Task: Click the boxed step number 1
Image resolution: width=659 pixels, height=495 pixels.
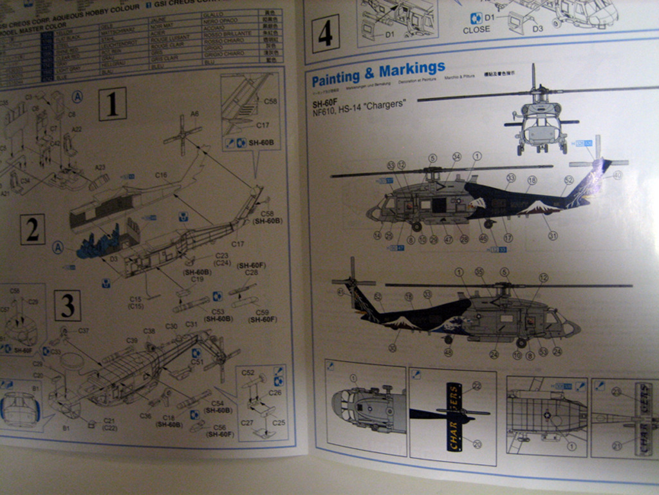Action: coord(112,104)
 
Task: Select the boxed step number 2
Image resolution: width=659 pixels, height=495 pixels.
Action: coord(32,229)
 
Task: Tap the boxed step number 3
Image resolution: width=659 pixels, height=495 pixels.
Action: coord(67,305)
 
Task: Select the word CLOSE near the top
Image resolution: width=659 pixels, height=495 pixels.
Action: coord(476,30)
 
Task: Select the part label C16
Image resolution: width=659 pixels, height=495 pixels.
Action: coord(161,175)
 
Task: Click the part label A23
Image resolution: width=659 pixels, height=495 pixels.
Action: coord(100,168)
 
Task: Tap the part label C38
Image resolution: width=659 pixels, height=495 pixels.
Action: coord(149,331)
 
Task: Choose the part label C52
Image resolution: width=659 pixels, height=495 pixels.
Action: coord(248,373)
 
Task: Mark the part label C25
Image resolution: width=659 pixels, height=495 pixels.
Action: coord(279,423)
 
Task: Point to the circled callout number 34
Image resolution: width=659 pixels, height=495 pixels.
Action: coord(456,157)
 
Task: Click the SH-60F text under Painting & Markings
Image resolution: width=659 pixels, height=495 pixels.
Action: coord(325,103)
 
